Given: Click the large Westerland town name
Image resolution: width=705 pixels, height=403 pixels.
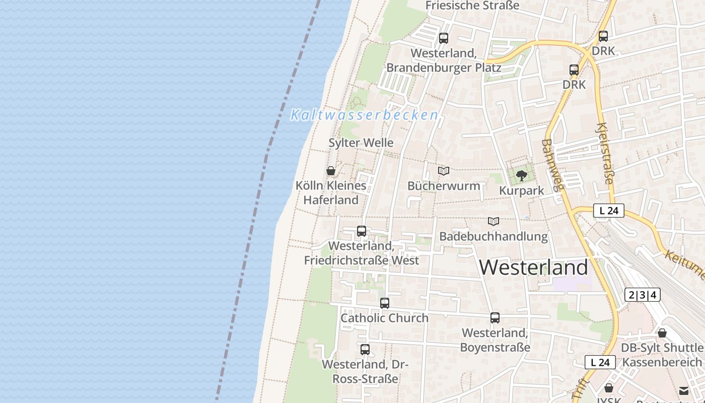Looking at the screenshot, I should click(533, 267).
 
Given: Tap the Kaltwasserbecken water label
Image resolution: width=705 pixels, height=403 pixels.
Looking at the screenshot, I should click(365, 115).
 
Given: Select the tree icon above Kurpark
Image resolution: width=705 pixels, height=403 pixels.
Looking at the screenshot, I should click(521, 176).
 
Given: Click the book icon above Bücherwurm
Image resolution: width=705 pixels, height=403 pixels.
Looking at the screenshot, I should click(444, 171).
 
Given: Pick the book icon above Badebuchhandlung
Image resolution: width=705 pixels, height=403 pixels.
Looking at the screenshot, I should click(493, 221).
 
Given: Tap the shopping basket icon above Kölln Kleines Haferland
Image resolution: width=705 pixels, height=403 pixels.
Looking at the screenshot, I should click(331, 171).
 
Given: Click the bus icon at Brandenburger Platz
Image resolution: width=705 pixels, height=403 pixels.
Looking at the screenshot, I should click(444, 38).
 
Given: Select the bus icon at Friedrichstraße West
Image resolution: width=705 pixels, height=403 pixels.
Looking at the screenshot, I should click(362, 231).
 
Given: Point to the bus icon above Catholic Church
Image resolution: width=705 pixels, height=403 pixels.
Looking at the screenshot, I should click(385, 303).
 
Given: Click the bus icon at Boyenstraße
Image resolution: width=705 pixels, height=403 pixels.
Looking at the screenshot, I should click(495, 318).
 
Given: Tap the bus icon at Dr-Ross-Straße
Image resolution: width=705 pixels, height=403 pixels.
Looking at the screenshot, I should click(365, 350).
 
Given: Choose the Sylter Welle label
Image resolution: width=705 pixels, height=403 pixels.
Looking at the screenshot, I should click(361, 143).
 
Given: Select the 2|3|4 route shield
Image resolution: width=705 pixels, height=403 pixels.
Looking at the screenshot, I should click(642, 295).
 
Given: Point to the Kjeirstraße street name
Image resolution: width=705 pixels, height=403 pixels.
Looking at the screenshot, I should click(605, 154).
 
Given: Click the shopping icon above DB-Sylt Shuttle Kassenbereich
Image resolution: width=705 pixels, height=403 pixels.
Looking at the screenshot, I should click(662, 333).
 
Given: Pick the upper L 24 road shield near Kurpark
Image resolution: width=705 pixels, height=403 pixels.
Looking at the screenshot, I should click(608, 211).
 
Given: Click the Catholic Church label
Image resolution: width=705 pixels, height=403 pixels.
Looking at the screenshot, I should click(384, 318).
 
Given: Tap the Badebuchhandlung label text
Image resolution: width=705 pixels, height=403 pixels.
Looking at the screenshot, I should click(493, 236).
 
